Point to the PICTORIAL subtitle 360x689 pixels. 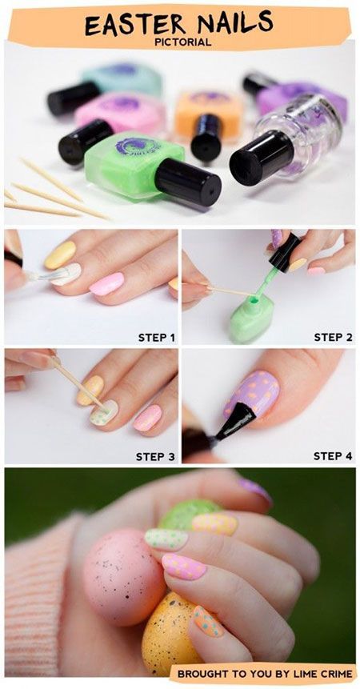click(183, 42)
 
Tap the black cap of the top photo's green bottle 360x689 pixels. click(188, 182)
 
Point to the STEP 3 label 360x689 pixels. click(155, 456)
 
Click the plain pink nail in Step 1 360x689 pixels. click(106, 283)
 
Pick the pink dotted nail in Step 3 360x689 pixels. click(147, 418)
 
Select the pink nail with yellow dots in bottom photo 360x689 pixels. click(184, 567)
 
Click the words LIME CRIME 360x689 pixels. click(315, 673)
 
